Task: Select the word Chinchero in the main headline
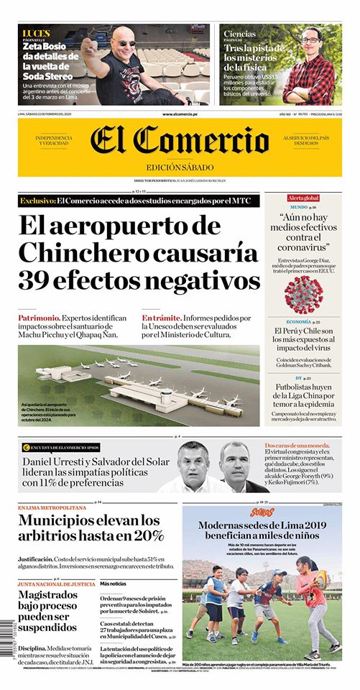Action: (x=85, y=252)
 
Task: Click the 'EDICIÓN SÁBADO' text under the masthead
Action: (x=180, y=168)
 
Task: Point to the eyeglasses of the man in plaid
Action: (x=310, y=40)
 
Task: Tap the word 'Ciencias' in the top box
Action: (x=239, y=34)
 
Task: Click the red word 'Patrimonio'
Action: (x=38, y=317)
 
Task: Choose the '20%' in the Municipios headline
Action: (x=148, y=536)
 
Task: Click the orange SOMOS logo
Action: (x=262, y=513)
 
